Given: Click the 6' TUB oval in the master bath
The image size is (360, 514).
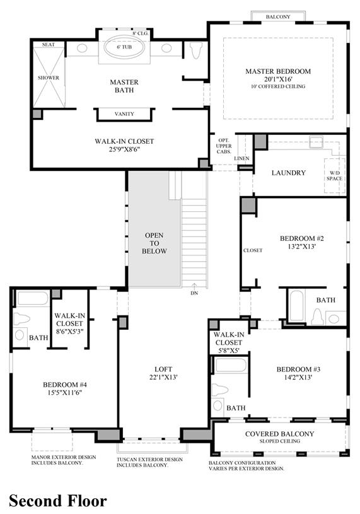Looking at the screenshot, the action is click(124, 47).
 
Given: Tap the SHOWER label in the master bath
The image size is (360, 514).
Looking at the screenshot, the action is click(49, 78).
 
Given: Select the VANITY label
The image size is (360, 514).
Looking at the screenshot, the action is click(124, 114).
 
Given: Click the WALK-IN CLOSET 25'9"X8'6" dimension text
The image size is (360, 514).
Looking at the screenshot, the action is click(124, 149).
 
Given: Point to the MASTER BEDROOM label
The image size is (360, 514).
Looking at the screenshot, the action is click(278, 71).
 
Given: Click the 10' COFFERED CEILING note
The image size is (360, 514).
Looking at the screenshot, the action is click(278, 86).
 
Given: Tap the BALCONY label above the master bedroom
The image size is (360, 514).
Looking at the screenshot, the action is click(278, 17).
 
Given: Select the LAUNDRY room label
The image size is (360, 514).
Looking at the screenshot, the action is click(289, 173).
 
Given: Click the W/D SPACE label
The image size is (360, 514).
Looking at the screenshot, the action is click(334, 176).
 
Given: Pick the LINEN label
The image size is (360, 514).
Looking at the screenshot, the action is click(241, 158).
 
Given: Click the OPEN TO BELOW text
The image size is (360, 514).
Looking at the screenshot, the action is click(154, 243).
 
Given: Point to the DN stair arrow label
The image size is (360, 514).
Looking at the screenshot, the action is click(194, 293).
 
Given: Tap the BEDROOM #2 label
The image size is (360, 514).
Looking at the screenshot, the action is click(302, 238).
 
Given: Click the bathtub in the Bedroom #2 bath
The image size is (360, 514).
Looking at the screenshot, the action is click(297, 306).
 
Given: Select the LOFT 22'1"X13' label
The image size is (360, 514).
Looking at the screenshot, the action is click(163, 373).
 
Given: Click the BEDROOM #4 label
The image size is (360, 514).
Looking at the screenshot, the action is click(65, 385).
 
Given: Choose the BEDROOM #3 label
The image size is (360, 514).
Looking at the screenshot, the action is click(298, 370).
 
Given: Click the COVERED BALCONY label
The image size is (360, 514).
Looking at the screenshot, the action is click(279, 434).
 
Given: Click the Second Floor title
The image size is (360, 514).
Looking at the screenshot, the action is click(58, 501).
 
